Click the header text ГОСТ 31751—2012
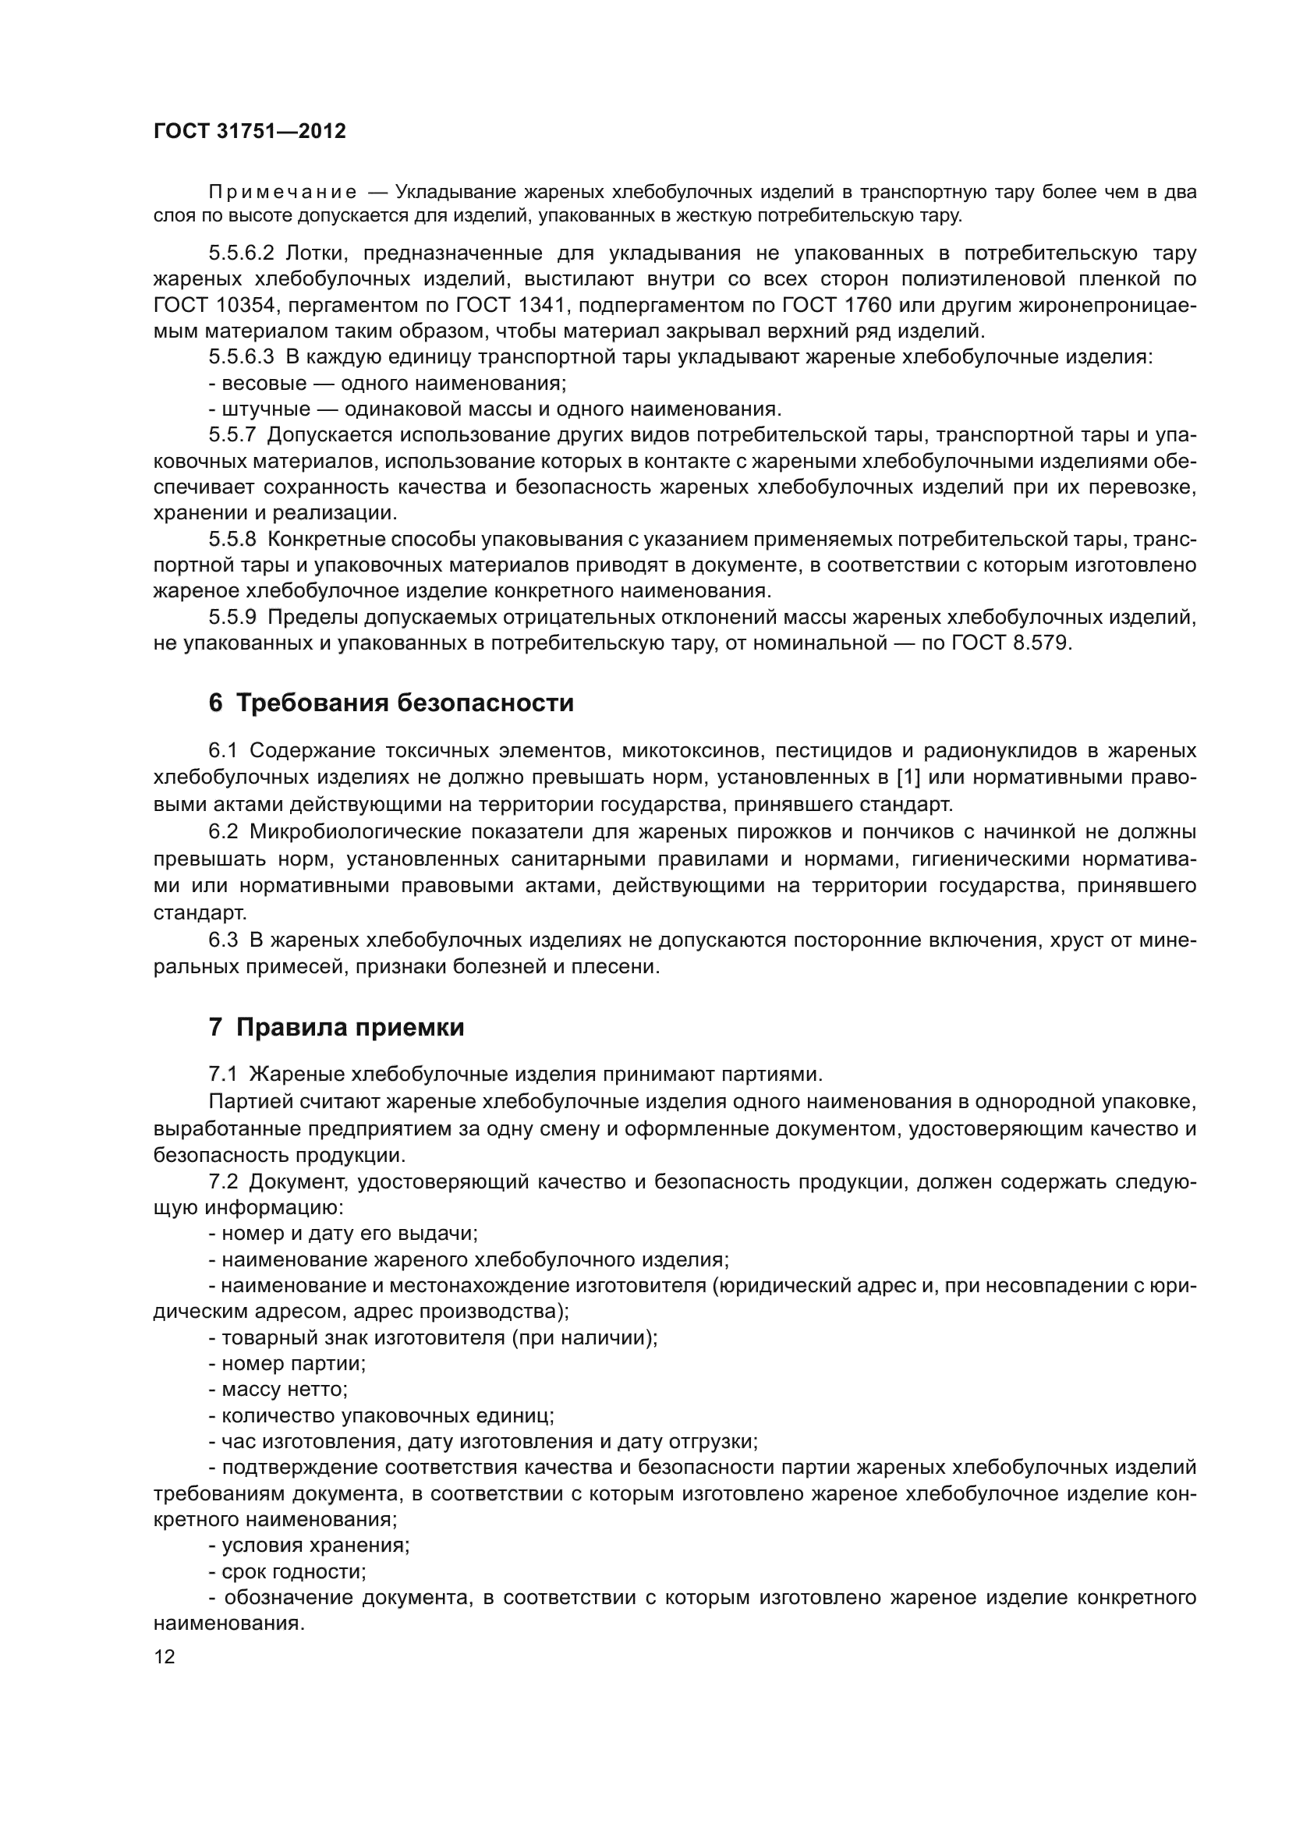point(250,131)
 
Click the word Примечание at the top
point(282,193)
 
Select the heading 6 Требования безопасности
point(391,703)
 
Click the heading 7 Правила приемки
point(336,1027)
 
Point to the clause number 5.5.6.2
point(241,253)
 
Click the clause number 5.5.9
point(232,617)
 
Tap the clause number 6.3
point(223,940)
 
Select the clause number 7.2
point(223,1181)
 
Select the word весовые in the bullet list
point(264,383)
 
